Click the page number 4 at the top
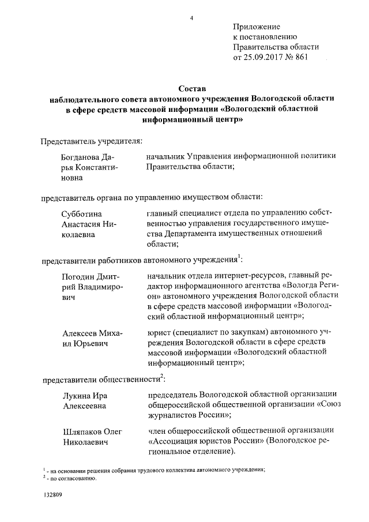coord(191,18)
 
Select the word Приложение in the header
coord(257,27)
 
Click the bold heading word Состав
coord(191,89)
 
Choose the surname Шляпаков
coord(85,431)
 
